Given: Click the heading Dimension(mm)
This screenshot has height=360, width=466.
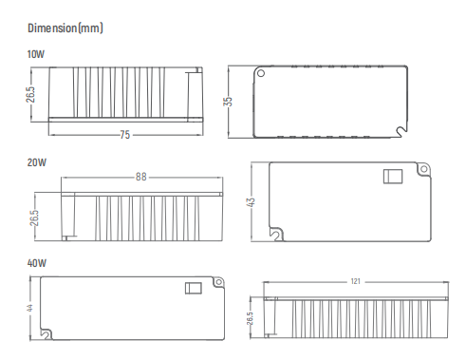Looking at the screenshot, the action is (65, 28).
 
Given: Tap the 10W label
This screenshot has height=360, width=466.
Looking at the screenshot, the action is (37, 54).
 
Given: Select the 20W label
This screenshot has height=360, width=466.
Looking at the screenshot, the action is (37, 162).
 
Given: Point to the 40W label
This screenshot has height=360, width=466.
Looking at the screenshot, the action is (37, 263).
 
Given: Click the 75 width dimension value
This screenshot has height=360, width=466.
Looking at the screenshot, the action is (125, 135).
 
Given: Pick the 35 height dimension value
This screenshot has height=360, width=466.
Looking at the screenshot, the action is (228, 102).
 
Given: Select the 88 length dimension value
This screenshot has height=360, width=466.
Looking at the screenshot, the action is (141, 177).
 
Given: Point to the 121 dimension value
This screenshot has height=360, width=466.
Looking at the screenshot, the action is (355, 282).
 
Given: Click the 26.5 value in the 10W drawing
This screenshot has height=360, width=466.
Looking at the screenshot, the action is (31, 97).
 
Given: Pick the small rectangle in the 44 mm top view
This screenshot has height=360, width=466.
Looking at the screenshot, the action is (193, 289).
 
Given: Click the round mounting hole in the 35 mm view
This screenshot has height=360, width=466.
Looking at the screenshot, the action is (262, 73).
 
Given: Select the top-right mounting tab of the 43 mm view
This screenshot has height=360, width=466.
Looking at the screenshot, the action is (421, 169).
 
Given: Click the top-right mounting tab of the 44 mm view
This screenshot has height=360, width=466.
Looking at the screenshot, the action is (220, 281).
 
